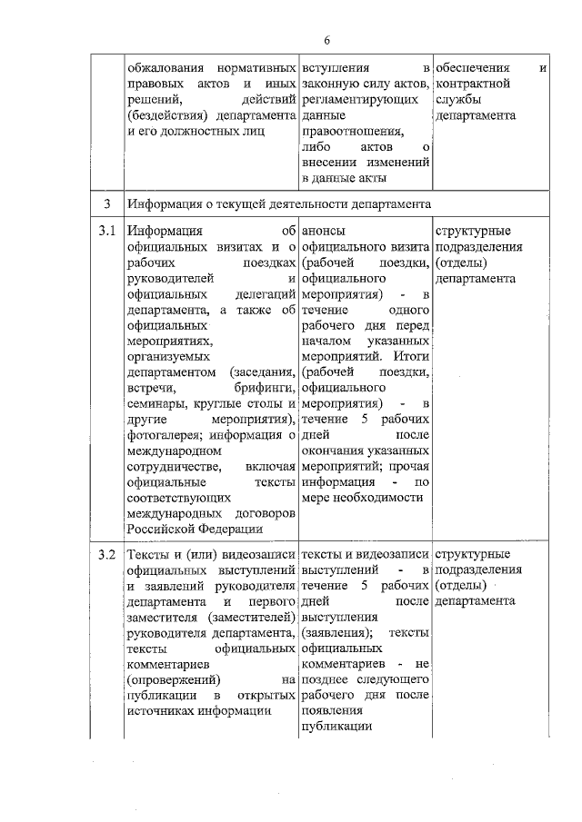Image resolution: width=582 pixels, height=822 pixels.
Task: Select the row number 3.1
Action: click(107, 231)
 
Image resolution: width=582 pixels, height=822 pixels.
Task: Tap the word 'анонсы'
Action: click(325, 231)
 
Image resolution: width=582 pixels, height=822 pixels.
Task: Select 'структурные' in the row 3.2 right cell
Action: click(473, 553)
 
